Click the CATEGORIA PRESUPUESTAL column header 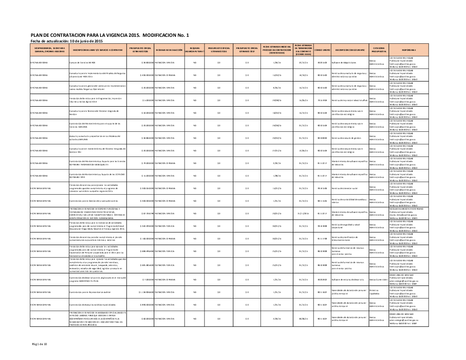pyautogui.click(x=378, y=50)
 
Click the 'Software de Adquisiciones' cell pyautogui.click(x=344, y=62)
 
